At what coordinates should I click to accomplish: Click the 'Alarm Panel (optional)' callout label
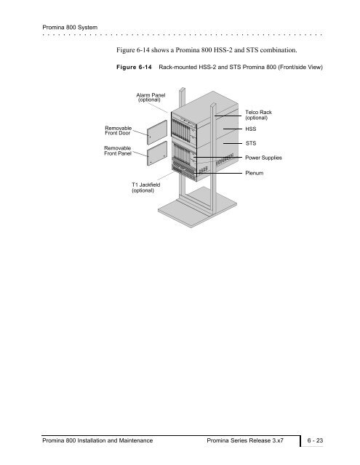coord(151,97)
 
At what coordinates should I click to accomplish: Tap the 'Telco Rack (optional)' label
coord(258,115)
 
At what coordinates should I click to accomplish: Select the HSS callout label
coord(250,129)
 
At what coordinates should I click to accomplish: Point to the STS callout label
coord(250,143)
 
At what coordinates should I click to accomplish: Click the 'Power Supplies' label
coord(263,158)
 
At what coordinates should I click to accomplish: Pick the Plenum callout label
coord(254,173)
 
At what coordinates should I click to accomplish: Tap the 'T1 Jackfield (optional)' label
coord(145,187)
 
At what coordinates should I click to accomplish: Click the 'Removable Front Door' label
coord(118,131)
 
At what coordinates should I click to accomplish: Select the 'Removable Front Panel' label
coord(118,150)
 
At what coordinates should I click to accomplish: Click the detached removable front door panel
coord(157,132)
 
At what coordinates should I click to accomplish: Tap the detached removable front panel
coord(157,153)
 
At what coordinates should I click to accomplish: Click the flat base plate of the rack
coord(197,208)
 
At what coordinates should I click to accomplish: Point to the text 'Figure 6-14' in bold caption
coord(134,67)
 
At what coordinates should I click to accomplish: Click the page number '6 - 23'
coord(315,440)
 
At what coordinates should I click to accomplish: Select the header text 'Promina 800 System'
coord(70,28)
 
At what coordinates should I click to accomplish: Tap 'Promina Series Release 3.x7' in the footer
coord(245,440)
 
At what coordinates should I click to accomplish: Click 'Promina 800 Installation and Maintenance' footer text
coord(97,440)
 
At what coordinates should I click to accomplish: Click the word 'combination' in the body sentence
coord(279,50)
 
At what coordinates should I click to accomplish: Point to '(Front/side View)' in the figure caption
coord(300,67)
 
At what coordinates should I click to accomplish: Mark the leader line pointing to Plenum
coord(217,173)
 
